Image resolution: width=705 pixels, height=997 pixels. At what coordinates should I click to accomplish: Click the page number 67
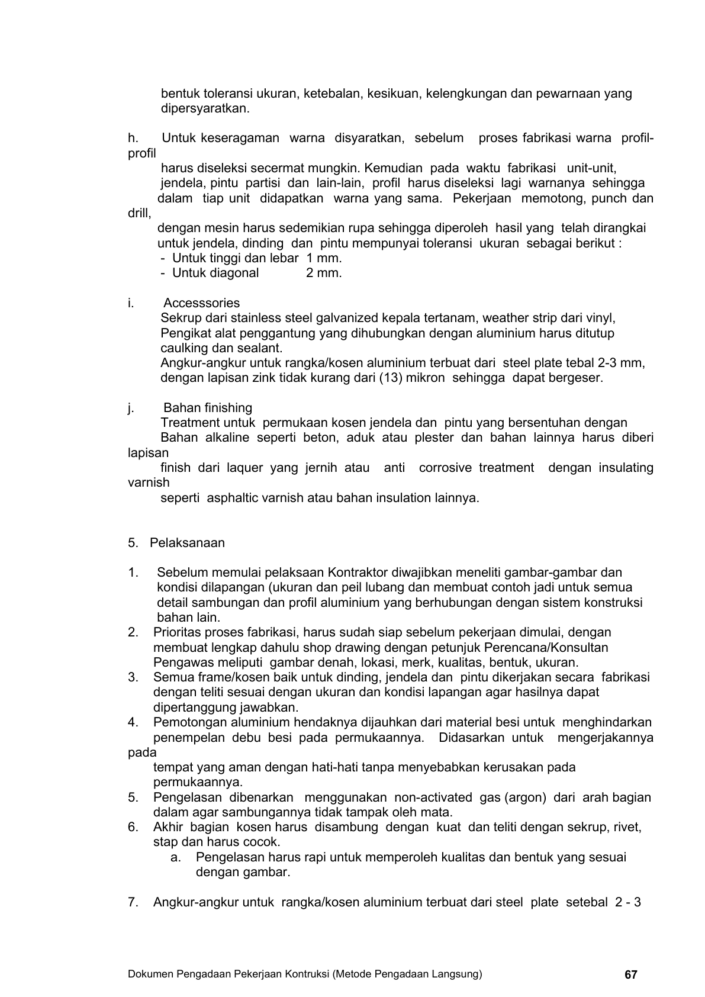(x=631, y=975)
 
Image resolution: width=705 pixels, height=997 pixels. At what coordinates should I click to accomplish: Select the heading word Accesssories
(x=202, y=304)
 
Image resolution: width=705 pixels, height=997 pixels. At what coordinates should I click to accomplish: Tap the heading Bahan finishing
(x=208, y=408)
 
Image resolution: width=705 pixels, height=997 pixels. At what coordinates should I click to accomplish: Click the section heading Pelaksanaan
(x=187, y=543)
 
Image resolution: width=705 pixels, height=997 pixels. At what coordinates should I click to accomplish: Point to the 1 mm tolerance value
(x=324, y=258)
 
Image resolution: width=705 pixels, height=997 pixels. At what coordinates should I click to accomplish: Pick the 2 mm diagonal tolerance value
(x=324, y=273)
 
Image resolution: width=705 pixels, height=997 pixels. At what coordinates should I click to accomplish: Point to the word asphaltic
(x=230, y=498)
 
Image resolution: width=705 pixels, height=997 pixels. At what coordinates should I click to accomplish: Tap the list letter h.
(x=133, y=138)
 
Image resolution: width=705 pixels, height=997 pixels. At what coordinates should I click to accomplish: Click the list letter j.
(x=130, y=408)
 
